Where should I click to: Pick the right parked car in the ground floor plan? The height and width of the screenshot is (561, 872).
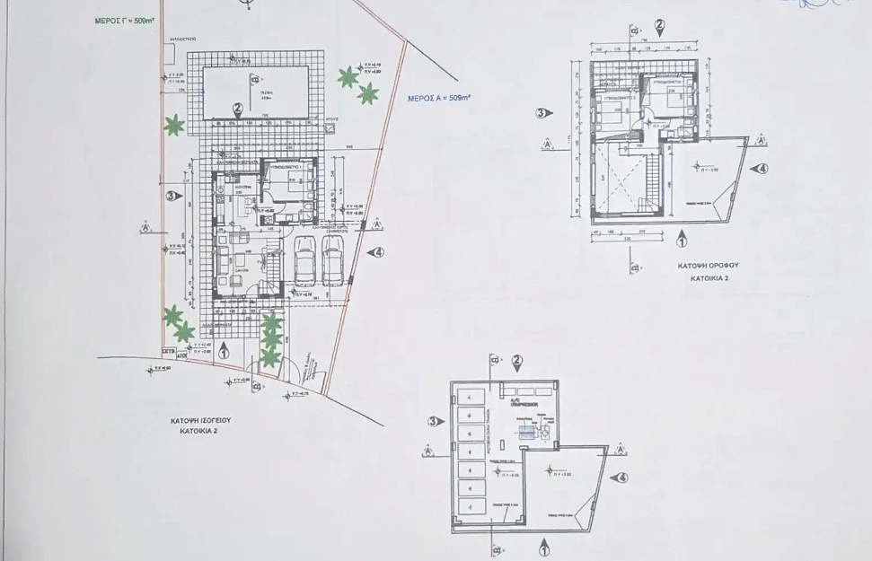pyautogui.click(x=332, y=262)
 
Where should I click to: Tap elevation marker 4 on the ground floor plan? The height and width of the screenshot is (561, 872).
pyautogui.click(x=378, y=253)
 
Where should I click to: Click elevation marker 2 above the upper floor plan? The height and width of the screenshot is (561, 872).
pyautogui.click(x=660, y=25)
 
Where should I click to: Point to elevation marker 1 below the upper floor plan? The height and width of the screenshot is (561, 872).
pyautogui.click(x=680, y=240)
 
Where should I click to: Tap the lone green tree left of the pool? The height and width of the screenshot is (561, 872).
pyautogui.click(x=173, y=126)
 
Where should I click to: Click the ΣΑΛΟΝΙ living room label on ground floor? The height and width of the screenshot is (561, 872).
pyautogui.click(x=241, y=267)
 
